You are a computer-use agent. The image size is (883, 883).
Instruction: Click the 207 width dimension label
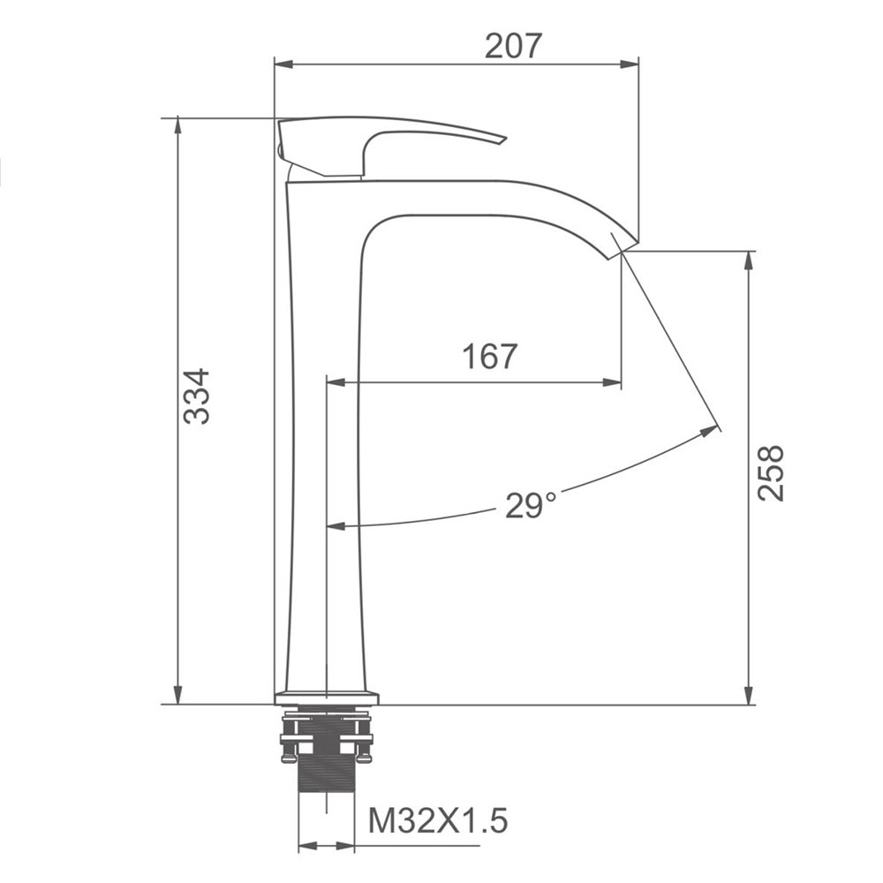click(513, 46)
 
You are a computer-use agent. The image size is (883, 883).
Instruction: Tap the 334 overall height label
click(197, 396)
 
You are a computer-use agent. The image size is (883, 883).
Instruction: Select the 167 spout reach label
click(489, 357)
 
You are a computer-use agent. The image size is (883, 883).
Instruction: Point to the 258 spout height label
click(770, 472)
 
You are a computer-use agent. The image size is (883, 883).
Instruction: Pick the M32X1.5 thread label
click(438, 820)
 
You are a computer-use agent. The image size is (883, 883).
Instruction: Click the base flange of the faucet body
click(327, 698)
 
